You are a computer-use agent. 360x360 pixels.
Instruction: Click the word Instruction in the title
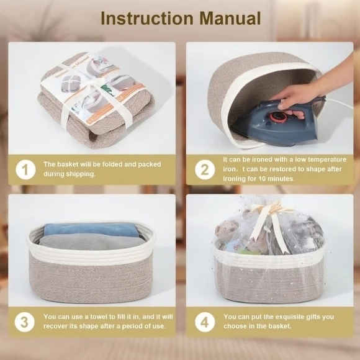pyautogui.click(x=147, y=18)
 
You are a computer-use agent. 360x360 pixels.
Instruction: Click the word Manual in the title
pyautogui.click(x=230, y=18)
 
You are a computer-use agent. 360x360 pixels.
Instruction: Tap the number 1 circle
pyautogui.click(x=25, y=169)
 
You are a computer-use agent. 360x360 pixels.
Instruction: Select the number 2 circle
pyautogui.click(x=205, y=169)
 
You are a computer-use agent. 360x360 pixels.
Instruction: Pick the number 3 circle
pyautogui.click(x=25, y=322)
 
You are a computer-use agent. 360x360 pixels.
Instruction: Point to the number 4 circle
pyautogui.click(x=205, y=322)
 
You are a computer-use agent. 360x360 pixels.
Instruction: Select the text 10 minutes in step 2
pyautogui.click(x=276, y=179)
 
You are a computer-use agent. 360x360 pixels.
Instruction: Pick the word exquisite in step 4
pyautogui.click(x=289, y=317)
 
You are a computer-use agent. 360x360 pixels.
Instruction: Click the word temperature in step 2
pyautogui.click(x=327, y=160)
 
